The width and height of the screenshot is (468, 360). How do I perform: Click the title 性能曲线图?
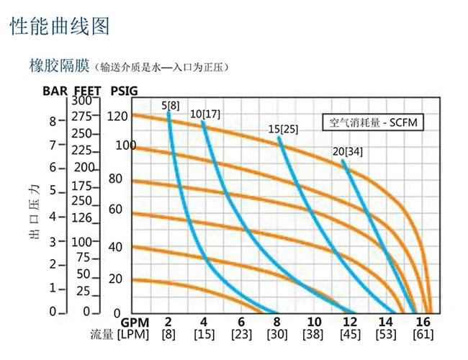[x=60, y=27]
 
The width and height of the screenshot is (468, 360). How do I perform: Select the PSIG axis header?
[x=125, y=91]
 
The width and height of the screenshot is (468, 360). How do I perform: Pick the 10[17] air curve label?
[x=204, y=114]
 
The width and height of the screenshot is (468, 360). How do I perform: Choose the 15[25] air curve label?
[x=283, y=130]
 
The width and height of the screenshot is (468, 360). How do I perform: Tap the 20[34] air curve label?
[x=346, y=152]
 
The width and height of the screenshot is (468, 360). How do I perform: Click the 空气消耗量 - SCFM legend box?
[x=369, y=122]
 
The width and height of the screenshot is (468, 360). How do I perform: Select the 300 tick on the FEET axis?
[x=81, y=102]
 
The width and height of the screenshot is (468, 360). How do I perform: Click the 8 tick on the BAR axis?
[x=52, y=121]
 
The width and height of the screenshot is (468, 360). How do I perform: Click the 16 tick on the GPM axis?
[x=423, y=322]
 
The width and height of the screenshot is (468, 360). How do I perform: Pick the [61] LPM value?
[x=423, y=336]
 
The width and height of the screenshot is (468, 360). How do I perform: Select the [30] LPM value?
[x=277, y=336]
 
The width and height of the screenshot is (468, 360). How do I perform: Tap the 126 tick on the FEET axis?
[x=81, y=217]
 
